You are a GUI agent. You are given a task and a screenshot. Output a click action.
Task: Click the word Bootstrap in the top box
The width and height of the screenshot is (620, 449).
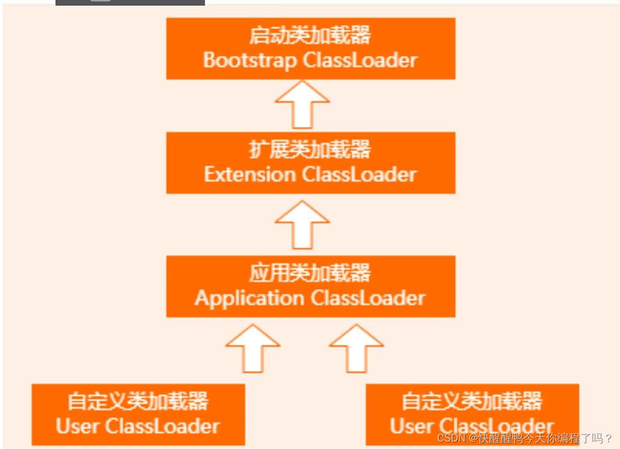tap(249, 60)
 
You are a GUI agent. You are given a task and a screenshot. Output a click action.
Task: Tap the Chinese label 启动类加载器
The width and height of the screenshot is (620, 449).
tap(310, 36)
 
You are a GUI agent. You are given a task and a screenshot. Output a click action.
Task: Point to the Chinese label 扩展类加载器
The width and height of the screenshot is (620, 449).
tap(310, 150)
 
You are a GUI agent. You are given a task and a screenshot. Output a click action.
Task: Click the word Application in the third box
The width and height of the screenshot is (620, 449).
tap(249, 298)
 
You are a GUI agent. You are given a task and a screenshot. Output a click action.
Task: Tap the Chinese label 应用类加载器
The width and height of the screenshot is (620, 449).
tap(310, 274)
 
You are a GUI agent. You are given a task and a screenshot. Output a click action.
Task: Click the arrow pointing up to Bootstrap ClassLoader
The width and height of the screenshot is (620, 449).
tap(302, 105)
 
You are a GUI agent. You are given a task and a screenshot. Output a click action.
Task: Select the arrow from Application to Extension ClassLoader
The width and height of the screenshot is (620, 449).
tap(302, 225)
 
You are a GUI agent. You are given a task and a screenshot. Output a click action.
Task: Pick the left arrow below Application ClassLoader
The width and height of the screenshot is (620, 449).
tap(253, 348)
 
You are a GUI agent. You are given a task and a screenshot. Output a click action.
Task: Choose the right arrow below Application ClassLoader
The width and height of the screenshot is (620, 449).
tap(356, 348)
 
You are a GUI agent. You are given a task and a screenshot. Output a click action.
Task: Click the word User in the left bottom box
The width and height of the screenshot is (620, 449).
tap(77, 426)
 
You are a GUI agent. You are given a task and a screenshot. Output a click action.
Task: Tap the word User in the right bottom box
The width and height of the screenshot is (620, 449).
tap(411, 426)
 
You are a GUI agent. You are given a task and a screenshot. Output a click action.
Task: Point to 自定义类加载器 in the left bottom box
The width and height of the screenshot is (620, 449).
tap(138, 401)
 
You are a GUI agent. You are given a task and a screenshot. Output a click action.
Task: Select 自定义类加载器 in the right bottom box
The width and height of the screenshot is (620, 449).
tap(472, 401)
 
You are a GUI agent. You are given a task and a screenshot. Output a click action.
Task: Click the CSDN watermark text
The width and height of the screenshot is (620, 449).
tap(524, 438)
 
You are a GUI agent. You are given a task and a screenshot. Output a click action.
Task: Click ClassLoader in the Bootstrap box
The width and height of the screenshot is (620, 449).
tap(360, 60)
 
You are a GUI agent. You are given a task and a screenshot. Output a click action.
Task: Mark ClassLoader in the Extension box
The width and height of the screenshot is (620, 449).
tap(360, 174)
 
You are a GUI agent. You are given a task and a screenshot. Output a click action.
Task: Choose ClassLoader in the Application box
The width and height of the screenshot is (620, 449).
tap(368, 298)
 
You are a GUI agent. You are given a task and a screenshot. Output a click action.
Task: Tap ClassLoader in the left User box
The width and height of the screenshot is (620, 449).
tap(162, 426)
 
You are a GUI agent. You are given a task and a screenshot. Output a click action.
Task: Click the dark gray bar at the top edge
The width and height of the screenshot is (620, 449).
tap(130, 2)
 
